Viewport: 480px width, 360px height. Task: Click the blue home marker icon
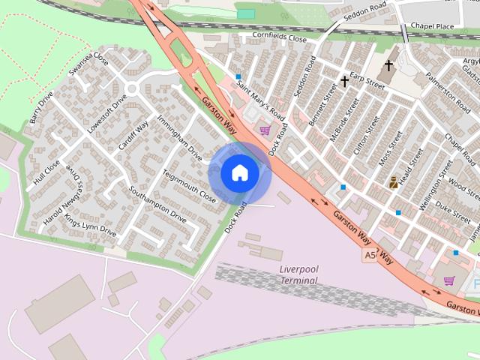click(x=240, y=173)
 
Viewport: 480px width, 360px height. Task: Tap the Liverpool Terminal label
click(x=299, y=274)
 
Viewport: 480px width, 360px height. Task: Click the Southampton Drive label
click(x=158, y=203)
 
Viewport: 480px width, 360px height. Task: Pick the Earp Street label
click(x=367, y=80)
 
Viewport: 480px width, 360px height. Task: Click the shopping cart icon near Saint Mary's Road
click(x=265, y=130)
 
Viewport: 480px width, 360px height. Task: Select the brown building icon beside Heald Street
click(x=394, y=182)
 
